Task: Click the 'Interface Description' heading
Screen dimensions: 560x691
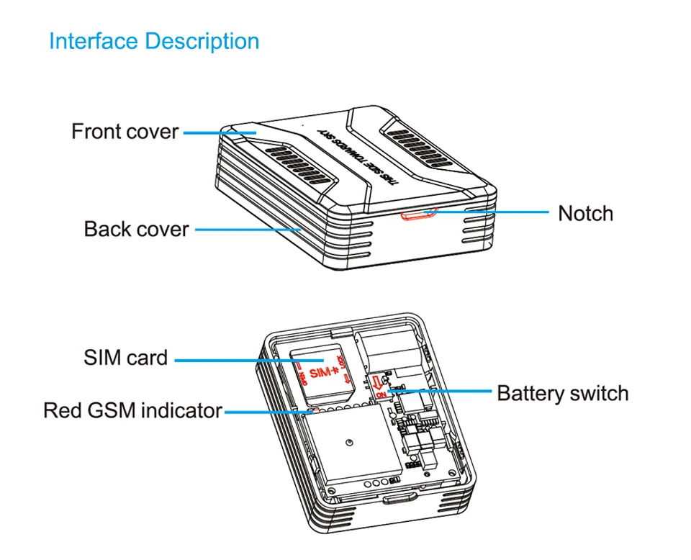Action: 154,41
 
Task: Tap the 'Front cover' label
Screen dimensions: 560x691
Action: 125,132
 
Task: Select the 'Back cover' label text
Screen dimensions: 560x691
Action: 136,230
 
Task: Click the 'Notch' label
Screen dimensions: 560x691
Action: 585,214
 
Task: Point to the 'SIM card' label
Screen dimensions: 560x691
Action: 125,358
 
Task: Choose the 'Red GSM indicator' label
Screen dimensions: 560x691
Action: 132,411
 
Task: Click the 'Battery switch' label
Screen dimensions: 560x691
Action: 562,394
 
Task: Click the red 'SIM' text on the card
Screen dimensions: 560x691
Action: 322,373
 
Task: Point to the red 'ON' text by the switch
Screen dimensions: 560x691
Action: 381,394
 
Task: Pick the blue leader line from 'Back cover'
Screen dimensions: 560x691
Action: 248,230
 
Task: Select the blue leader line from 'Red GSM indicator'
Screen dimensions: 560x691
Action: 263,412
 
